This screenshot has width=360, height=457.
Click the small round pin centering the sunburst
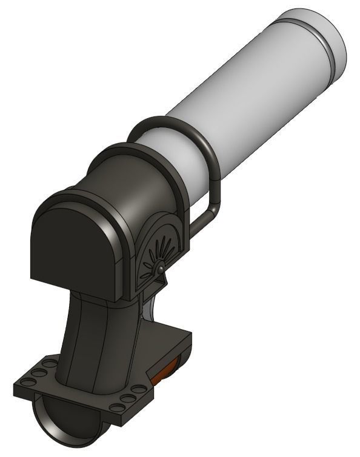point(159,269)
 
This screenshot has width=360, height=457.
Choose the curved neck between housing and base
point(97,339)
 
